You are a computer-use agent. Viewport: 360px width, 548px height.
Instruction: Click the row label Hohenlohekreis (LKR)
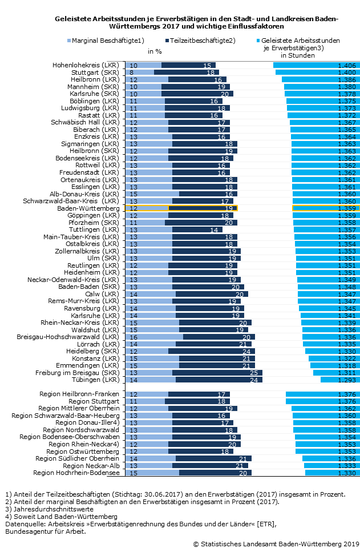tap(86, 66)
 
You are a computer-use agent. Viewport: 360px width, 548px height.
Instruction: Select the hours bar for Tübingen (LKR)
tap(340, 380)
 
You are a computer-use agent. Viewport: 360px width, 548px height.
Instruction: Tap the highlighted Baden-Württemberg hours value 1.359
tap(346, 208)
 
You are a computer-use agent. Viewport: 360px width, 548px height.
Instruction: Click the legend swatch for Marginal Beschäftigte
tap(69, 41)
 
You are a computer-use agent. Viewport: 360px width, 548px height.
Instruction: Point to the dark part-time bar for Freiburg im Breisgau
tap(217, 372)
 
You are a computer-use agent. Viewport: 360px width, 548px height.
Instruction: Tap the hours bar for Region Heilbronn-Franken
tap(323, 394)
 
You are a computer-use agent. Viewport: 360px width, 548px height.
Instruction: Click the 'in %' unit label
tap(155, 51)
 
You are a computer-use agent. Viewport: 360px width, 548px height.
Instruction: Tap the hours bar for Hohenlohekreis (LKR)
tap(317, 66)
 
